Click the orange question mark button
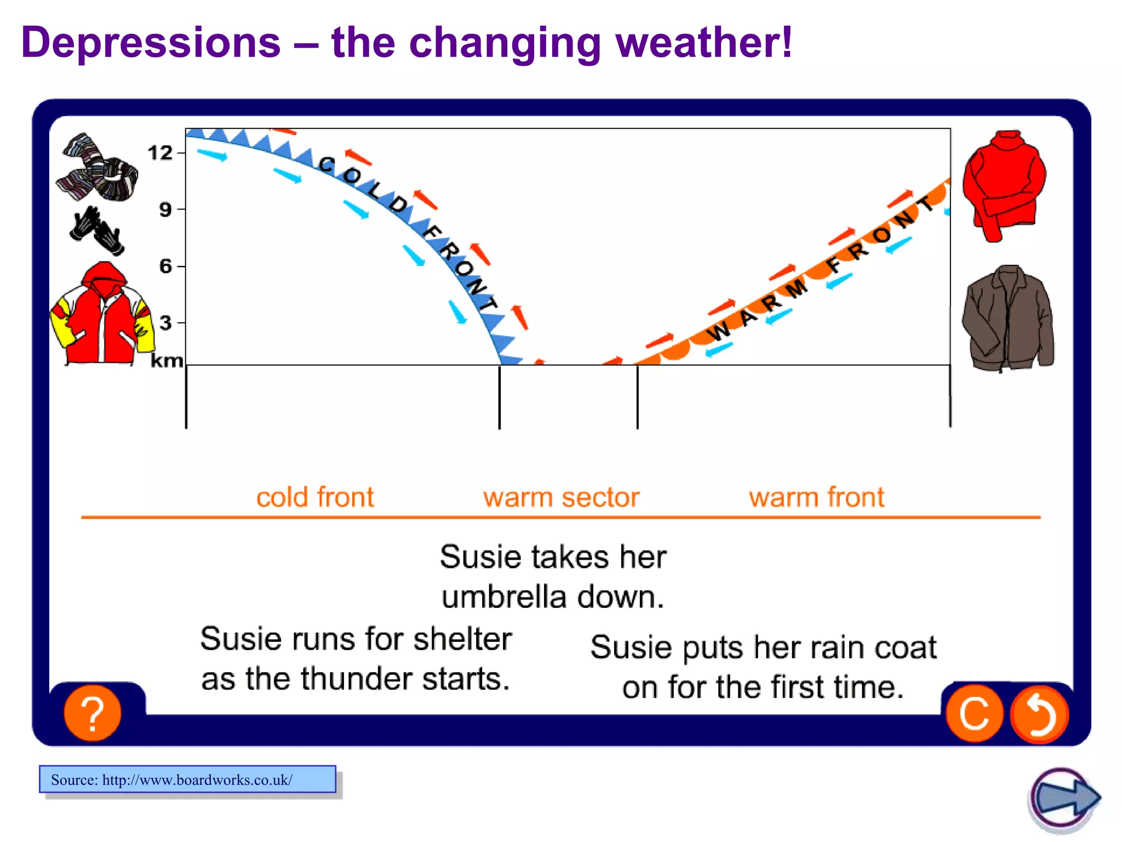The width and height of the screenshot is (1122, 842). (x=93, y=713)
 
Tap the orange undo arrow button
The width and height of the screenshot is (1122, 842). (x=1039, y=714)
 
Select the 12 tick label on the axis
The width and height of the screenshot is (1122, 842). (x=160, y=153)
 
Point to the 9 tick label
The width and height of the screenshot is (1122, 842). (x=165, y=209)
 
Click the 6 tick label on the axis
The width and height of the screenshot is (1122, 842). (x=165, y=266)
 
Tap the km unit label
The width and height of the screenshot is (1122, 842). (x=167, y=361)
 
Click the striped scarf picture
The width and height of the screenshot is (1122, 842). (x=98, y=169)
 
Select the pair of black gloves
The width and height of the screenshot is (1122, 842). (x=96, y=231)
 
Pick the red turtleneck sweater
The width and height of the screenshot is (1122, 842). (x=1004, y=185)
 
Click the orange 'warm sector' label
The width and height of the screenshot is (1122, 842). (x=561, y=498)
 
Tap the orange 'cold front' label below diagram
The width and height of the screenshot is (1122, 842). (x=315, y=498)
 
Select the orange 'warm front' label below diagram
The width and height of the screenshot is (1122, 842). (x=816, y=498)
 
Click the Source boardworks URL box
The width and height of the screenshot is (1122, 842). (x=187, y=779)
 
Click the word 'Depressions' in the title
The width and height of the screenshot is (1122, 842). (x=151, y=43)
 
